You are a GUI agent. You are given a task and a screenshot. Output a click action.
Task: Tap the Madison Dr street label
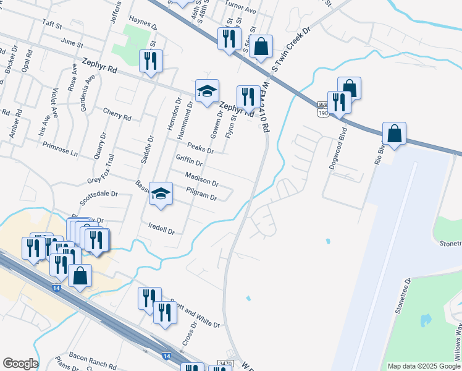202,179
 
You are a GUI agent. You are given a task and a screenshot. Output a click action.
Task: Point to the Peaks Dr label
200,148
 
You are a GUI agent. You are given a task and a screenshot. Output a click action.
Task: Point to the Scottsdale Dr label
98,197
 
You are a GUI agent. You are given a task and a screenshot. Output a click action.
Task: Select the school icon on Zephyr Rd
208,91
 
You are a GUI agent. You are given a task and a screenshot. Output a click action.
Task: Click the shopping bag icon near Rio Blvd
393,133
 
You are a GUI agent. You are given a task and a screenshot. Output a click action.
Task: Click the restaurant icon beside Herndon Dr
151,61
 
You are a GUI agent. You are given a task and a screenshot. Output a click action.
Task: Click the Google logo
20,364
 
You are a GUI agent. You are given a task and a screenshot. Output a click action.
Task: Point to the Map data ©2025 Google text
424,366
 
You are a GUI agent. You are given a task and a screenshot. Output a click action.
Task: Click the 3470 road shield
225,364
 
